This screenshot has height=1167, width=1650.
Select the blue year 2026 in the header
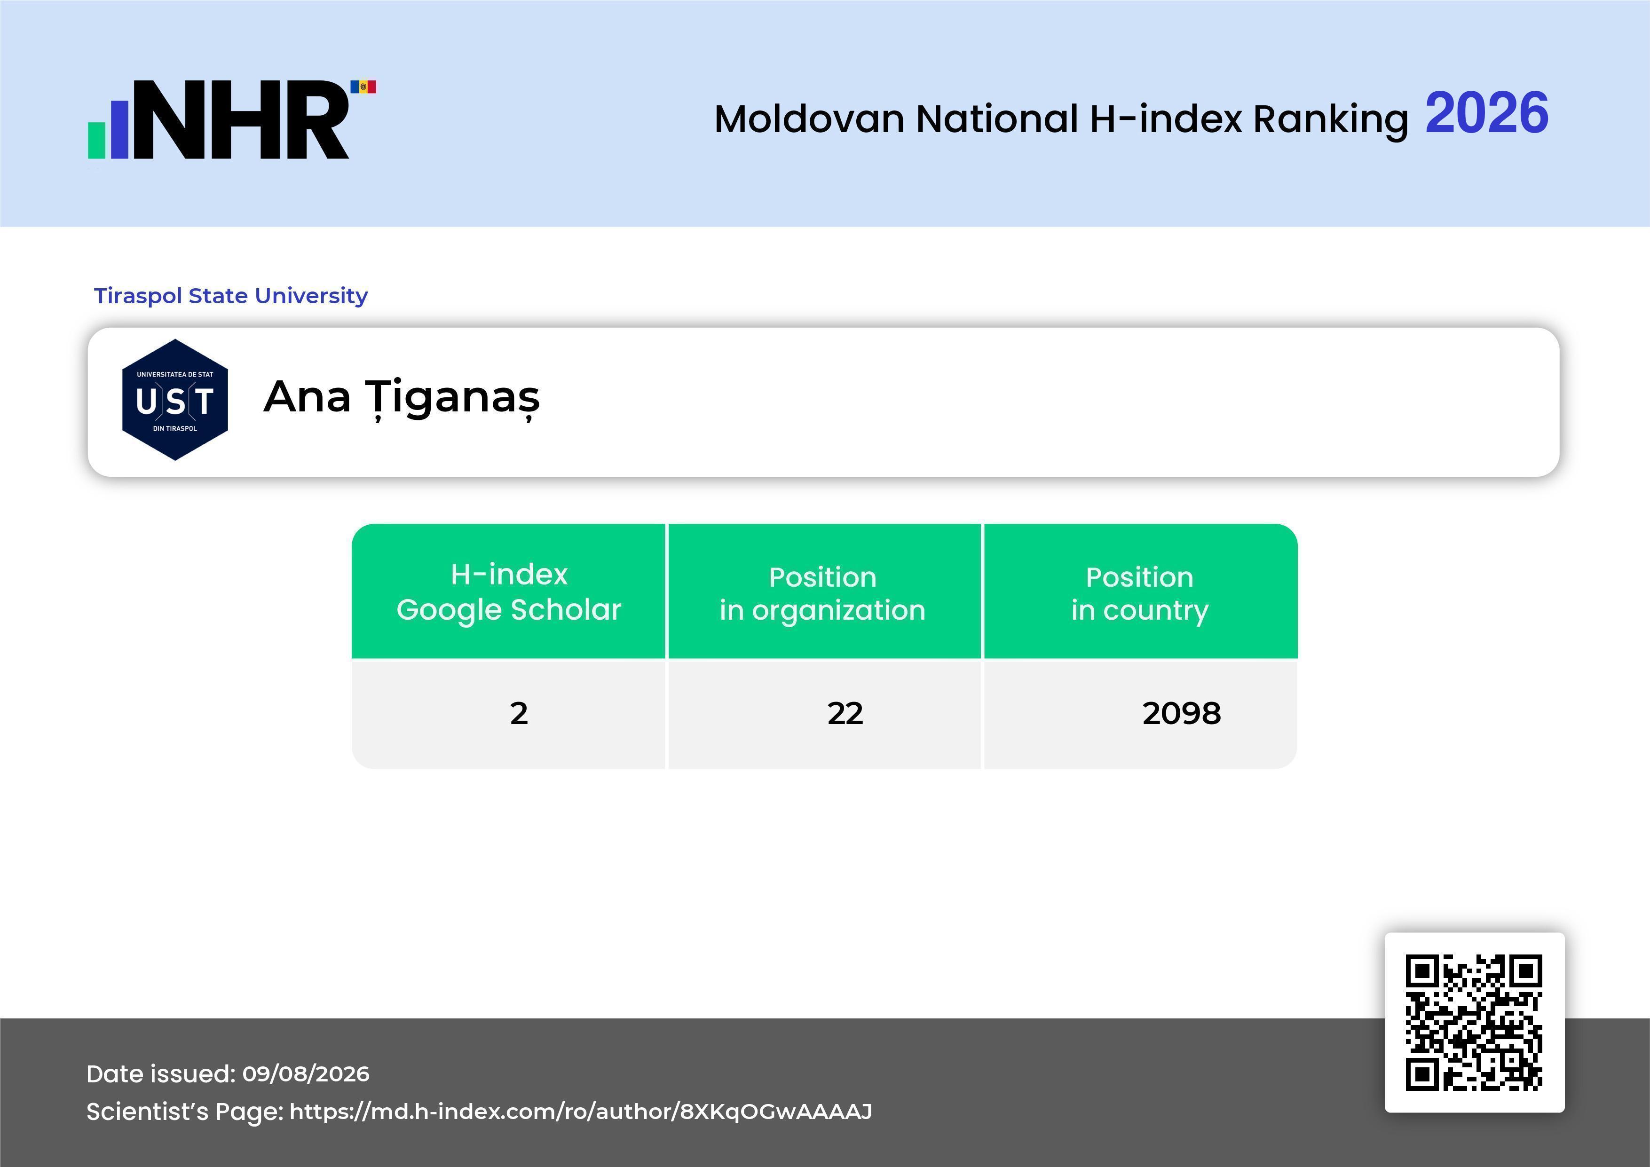(x=1487, y=113)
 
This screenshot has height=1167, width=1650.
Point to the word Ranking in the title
(x=1331, y=120)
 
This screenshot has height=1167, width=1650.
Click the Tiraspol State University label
(x=231, y=295)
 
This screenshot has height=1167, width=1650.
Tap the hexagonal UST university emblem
(x=175, y=400)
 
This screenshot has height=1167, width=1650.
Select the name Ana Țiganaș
(x=402, y=397)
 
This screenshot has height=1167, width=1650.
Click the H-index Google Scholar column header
(x=509, y=591)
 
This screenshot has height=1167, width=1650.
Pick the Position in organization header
(x=823, y=593)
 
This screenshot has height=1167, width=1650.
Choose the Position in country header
(x=1140, y=593)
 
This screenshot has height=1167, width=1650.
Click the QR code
(x=1474, y=1023)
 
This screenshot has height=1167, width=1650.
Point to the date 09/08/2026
(x=306, y=1073)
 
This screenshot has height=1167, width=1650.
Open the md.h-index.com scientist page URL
(x=581, y=1112)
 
